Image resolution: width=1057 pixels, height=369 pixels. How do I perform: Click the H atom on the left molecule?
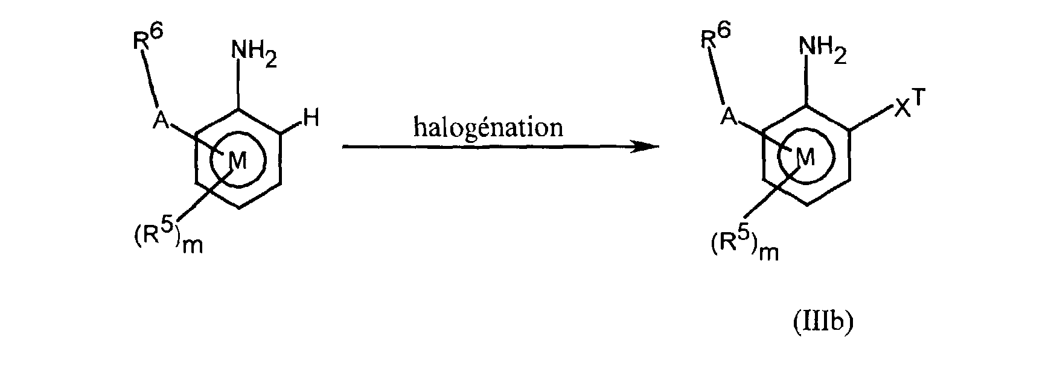point(311,121)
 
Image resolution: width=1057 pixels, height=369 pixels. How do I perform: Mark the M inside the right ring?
point(805,157)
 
